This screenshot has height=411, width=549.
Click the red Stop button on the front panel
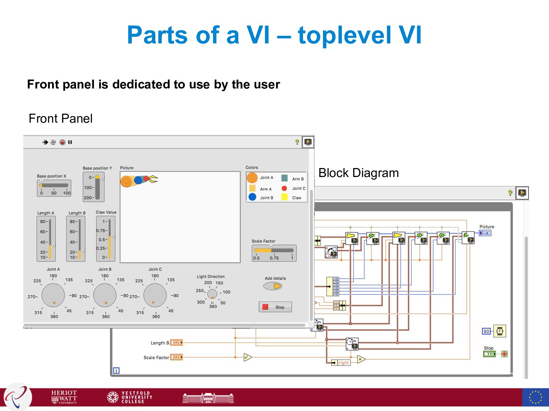275,307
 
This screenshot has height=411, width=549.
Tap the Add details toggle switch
273,286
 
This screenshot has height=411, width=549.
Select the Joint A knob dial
53,295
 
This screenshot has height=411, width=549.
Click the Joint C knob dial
155,295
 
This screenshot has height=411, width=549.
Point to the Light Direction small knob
212,294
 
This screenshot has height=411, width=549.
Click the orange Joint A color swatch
252,178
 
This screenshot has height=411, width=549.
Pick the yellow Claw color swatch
284,197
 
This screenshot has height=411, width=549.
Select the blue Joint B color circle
252,197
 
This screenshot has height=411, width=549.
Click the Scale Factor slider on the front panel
274,251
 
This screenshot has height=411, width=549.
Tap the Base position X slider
54,186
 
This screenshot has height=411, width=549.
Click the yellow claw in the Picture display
153,179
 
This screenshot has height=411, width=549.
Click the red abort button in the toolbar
62,142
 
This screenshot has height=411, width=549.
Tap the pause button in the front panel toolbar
70,142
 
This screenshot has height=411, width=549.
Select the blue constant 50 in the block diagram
486,331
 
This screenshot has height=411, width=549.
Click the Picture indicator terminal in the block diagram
485,233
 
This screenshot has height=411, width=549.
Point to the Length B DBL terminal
176,343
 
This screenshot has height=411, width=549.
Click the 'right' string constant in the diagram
344,363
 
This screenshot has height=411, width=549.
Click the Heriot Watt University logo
64,397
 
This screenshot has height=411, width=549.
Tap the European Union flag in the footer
535,397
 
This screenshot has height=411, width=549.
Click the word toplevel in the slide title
345,35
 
